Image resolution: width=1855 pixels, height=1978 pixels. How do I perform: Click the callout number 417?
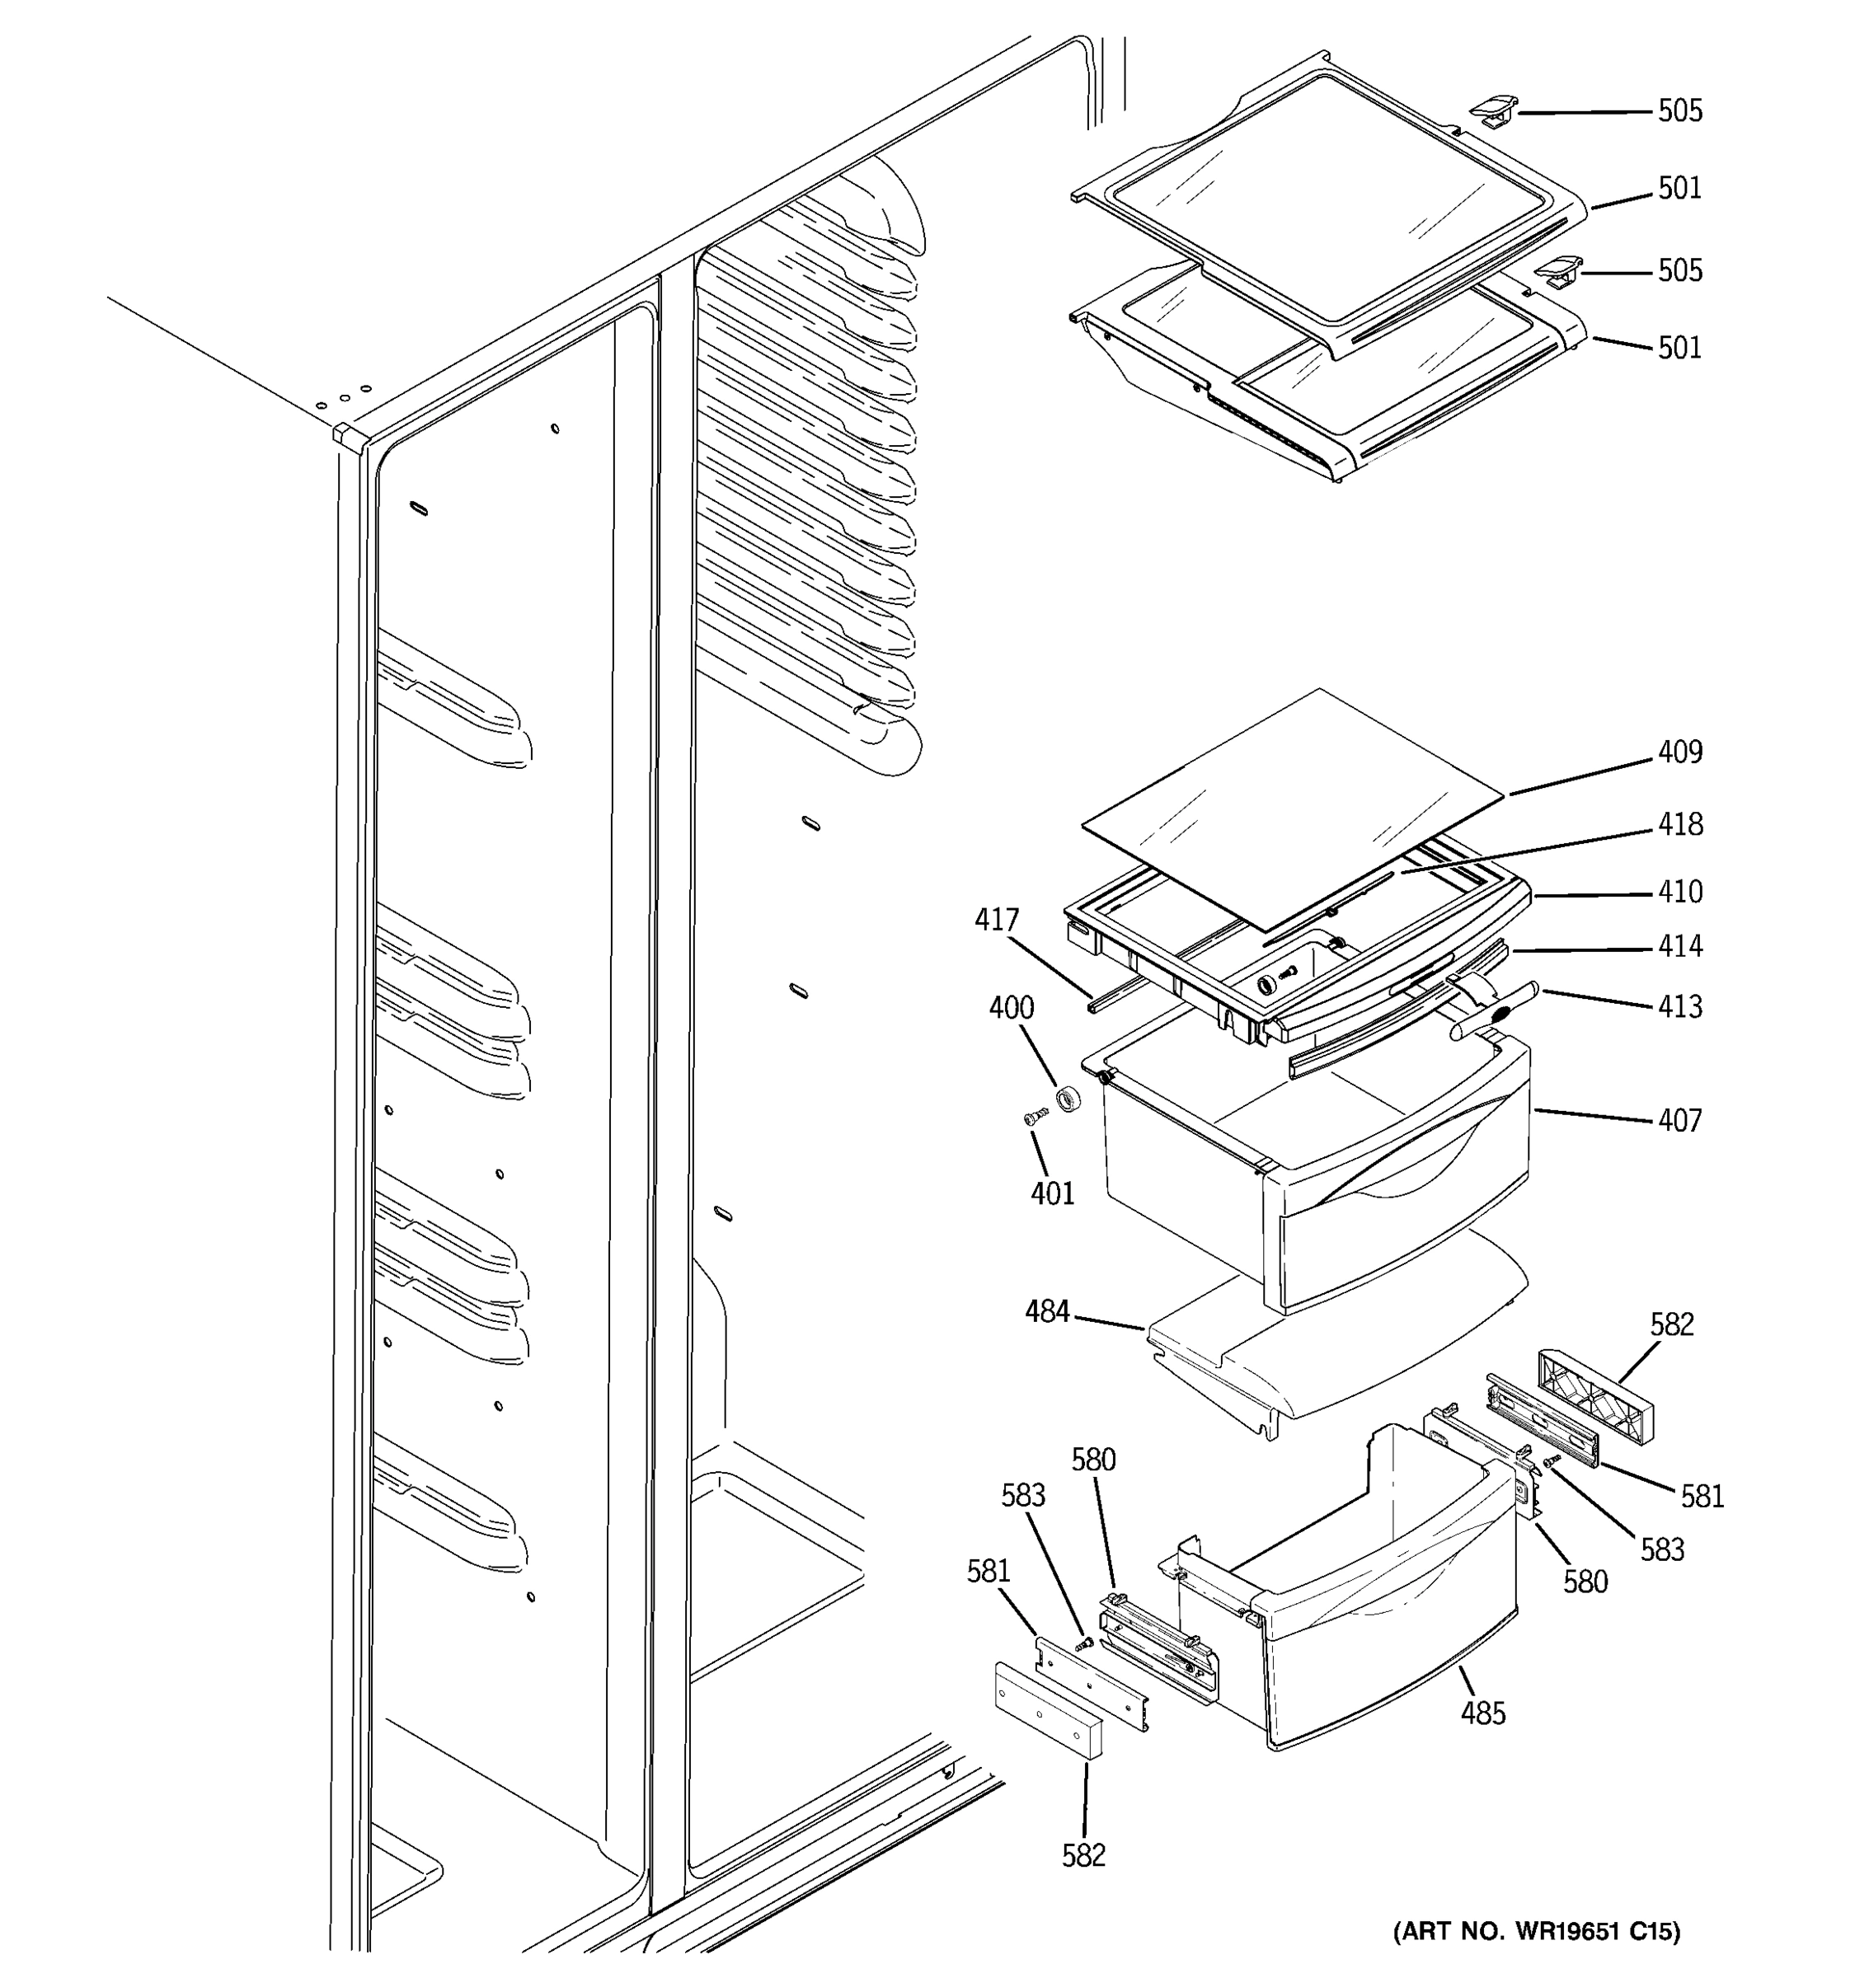(996, 921)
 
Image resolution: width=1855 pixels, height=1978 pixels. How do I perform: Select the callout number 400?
(1011, 1008)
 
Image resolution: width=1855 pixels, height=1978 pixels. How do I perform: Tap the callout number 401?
(1053, 1193)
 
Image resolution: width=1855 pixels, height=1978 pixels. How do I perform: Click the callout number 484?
(1047, 1312)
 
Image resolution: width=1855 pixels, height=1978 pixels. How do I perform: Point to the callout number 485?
(1483, 1713)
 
